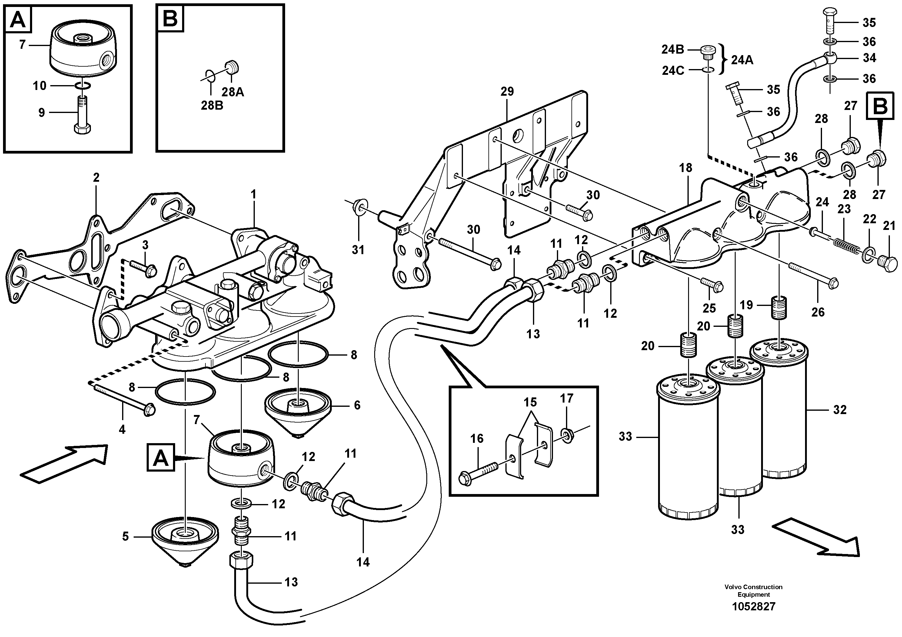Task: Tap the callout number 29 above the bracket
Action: point(507,91)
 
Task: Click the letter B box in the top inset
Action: point(170,18)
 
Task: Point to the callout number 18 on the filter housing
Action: point(686,168)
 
